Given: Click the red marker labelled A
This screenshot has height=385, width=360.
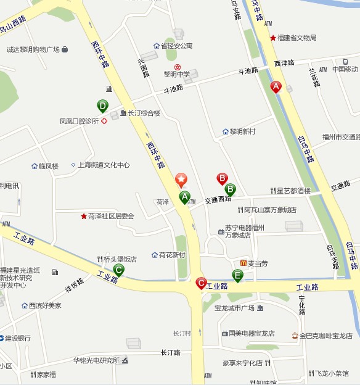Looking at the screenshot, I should click(x=276, y=87).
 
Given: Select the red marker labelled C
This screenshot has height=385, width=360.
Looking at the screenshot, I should click(x=201, y=283).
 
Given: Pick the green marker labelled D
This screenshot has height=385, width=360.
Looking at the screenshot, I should click(x=102, y=106).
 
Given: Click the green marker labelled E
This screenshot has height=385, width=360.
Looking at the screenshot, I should click(x=237, y=275).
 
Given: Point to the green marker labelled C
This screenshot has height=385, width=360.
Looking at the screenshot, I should click(x=119, y=269).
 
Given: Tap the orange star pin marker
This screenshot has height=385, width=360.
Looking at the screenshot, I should click(x=181, y=180).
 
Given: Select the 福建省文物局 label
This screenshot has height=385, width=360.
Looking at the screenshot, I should click(x=297, y=38).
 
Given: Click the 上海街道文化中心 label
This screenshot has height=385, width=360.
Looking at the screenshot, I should click(x=104, y=165).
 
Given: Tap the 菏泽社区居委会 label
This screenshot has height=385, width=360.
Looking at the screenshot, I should click(x=111, y=216).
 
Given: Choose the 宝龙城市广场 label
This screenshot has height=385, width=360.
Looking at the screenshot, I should click(x=234, y=308).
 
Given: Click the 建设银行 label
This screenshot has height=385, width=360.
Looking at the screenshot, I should click(x=18, y=337).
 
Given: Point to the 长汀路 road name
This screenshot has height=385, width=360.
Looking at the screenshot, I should click(x=170, y=353).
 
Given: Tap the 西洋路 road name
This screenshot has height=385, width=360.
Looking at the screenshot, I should click(x=284, y=63).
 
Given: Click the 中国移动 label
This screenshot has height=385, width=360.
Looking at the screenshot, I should click(x=345, y=68).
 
